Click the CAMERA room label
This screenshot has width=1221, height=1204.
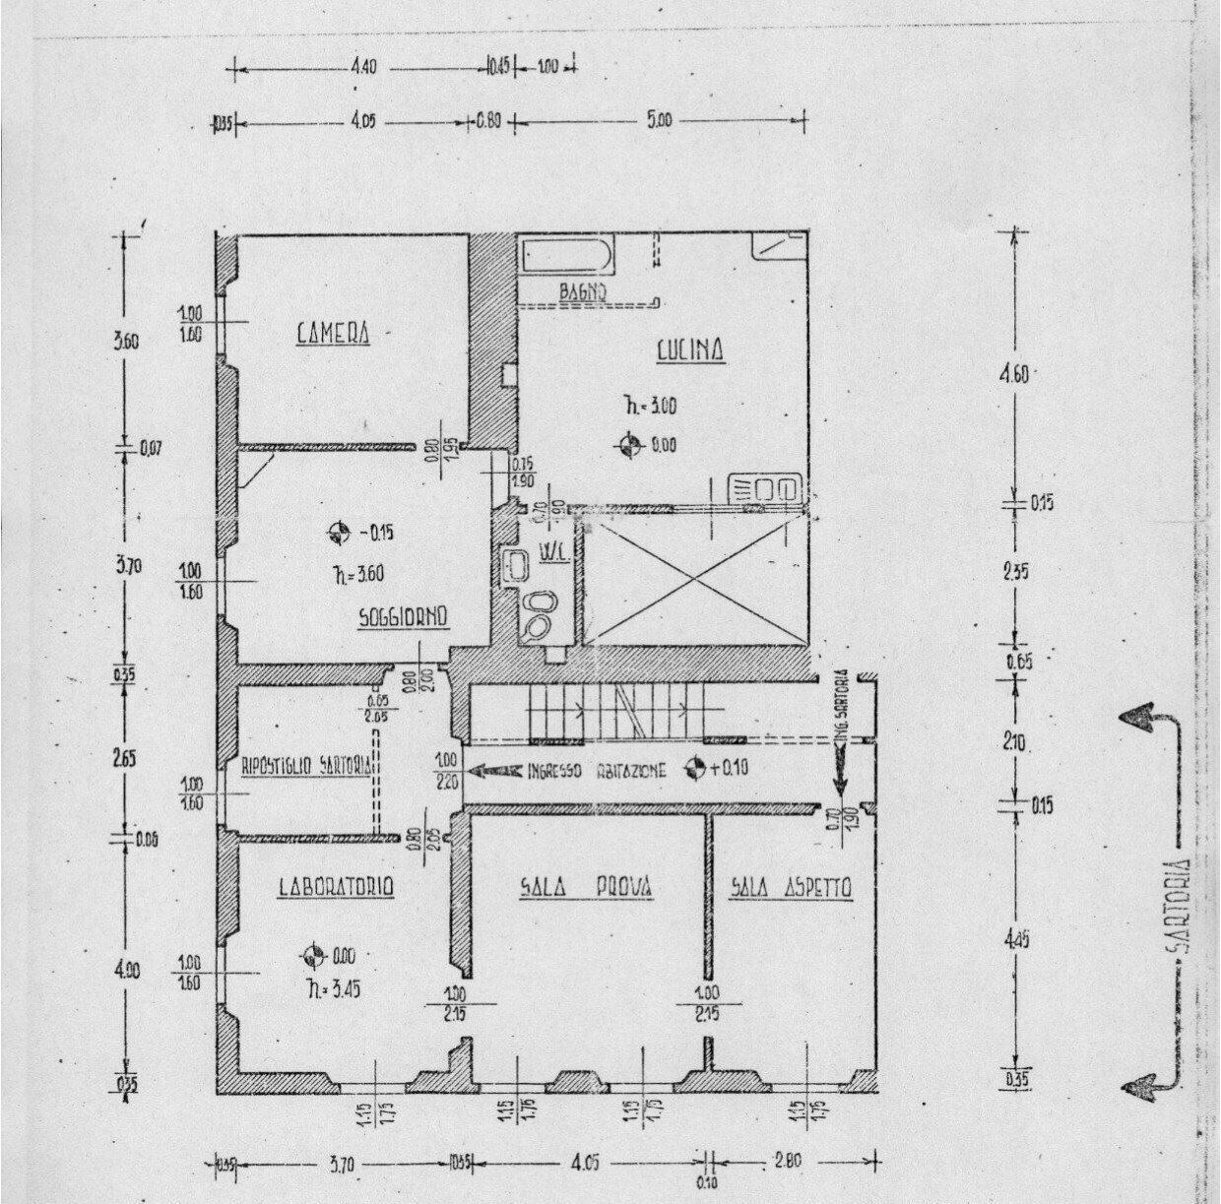click(x=334, y=333)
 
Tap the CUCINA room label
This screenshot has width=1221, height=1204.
click(x=690, y=350)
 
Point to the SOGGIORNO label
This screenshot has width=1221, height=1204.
click(x=404, y=617)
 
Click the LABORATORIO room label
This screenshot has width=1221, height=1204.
click(x=336, y=888)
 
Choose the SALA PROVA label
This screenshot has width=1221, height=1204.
click(x=585, y=888)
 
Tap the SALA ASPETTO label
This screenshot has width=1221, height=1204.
click(x=791, y=888)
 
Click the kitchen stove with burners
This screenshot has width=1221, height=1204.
click(x=764, y=489)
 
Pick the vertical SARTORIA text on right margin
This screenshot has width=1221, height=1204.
click(x=1177, y=906)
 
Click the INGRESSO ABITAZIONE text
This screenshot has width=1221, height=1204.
click(x=598, y=771)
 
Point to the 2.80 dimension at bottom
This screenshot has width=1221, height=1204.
click(x=788, y=1161)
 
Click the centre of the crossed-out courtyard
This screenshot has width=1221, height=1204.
click(x=695, y=582)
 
